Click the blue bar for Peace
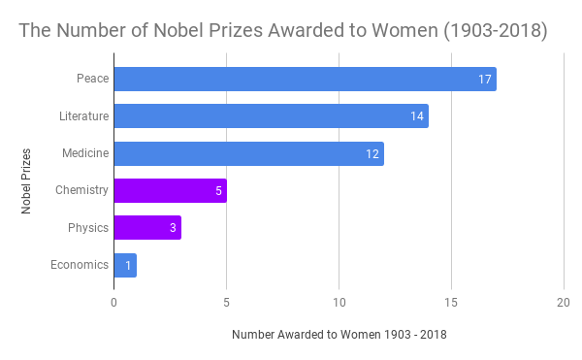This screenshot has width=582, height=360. click(x=305, y=79)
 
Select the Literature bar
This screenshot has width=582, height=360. click(x=271, y=116)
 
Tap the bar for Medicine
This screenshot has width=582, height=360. click(x=248, y=153)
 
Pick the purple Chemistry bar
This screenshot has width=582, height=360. click(x=170, y=190)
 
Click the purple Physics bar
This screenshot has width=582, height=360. click(x=147, y=227)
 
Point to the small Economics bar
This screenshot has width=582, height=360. click(x=125, y=265)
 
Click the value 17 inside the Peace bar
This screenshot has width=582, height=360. click(x=485, y=80)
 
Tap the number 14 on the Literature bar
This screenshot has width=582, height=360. click(x=417, y=116)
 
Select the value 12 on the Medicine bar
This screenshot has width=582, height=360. click(x=372, y=153)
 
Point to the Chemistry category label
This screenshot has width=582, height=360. click(x=81, y=190)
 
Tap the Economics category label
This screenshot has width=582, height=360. click(x=80, y=265)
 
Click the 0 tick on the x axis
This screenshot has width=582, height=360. click(x=114, y=302)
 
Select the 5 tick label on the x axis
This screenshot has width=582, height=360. click(x=226, y=302)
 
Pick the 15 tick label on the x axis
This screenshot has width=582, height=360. click(x=451, y=302)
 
